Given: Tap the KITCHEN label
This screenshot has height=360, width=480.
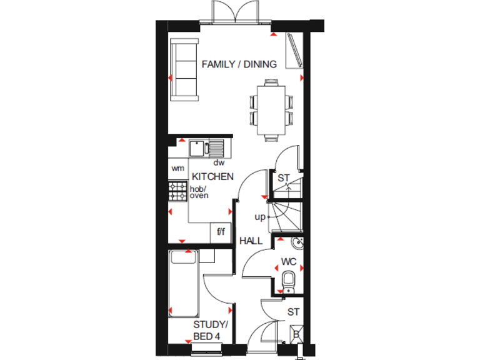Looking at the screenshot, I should (212, 176).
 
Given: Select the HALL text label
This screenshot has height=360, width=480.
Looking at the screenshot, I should (251, 240).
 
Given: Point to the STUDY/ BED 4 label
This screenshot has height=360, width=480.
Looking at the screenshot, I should (211, 331).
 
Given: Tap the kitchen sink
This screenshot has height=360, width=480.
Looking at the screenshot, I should (208, 149).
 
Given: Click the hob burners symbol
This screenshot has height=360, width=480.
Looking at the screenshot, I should (177, 191).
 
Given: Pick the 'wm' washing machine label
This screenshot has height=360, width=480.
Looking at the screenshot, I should (178, 168).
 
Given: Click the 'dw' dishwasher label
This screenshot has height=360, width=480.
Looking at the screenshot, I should (219, 162).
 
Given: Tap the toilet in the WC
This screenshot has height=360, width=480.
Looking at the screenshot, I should (289, 279).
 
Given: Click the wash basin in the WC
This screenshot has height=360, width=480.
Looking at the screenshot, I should (296, 243).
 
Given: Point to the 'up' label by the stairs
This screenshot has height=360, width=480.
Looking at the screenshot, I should (260, 217).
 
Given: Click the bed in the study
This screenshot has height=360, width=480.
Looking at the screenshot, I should (184, 283).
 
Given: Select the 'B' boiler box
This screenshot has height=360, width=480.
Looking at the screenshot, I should (296, 335).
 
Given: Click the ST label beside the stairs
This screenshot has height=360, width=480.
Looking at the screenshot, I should (284, 177).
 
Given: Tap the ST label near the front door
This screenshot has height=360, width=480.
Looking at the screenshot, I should (293, 311).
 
